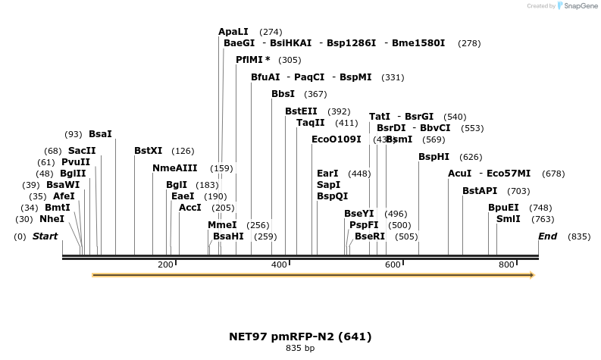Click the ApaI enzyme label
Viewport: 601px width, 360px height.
pos(233,32)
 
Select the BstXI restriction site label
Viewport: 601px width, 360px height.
pos(148,151)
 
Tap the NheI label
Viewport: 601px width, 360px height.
pos(52,219)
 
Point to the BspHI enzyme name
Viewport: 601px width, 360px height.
pos(434,157)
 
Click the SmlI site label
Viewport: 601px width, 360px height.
pos(508,219)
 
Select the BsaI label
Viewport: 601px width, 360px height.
pos(100,134)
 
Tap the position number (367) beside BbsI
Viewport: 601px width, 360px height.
pos(315,95)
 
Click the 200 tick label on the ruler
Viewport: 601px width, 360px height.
pos(165,265)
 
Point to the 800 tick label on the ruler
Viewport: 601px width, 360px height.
pos(506,265)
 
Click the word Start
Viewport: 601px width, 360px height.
pos(45,236)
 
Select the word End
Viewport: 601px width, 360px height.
pos(547,236)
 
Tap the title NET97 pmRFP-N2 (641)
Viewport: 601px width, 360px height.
pos(300,336)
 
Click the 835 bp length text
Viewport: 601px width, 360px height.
pos(300,349)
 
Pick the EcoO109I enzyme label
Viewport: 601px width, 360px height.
pos(336,139)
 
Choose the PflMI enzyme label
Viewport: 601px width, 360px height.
pos(253,60)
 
